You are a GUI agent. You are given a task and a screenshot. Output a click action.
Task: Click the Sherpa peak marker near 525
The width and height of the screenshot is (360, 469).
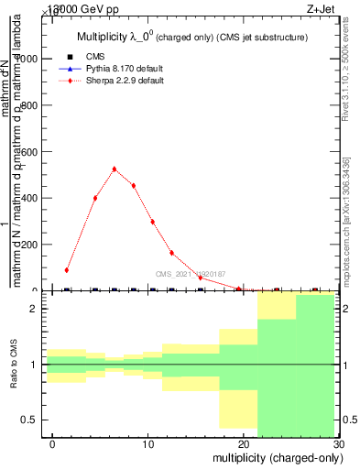[x=115, y=169]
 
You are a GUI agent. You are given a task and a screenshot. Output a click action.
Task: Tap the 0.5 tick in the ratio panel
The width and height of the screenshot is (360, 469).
[x=29, y=420]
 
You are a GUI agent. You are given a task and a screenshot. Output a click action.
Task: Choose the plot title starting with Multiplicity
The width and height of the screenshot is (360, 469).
[x=191, y=38]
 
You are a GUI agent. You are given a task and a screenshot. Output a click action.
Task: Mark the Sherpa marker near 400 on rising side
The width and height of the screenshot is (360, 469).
[x=95, y=198]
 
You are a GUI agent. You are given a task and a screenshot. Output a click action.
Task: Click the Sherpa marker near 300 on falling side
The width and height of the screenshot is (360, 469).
[x=153, y=222]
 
